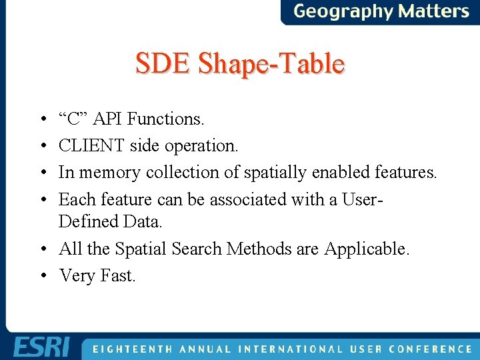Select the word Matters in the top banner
[434, 11]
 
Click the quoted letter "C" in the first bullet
[73, 119]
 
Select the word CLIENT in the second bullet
[92, 145]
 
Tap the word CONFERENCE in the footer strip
[430, 349]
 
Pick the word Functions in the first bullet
[165, 119]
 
